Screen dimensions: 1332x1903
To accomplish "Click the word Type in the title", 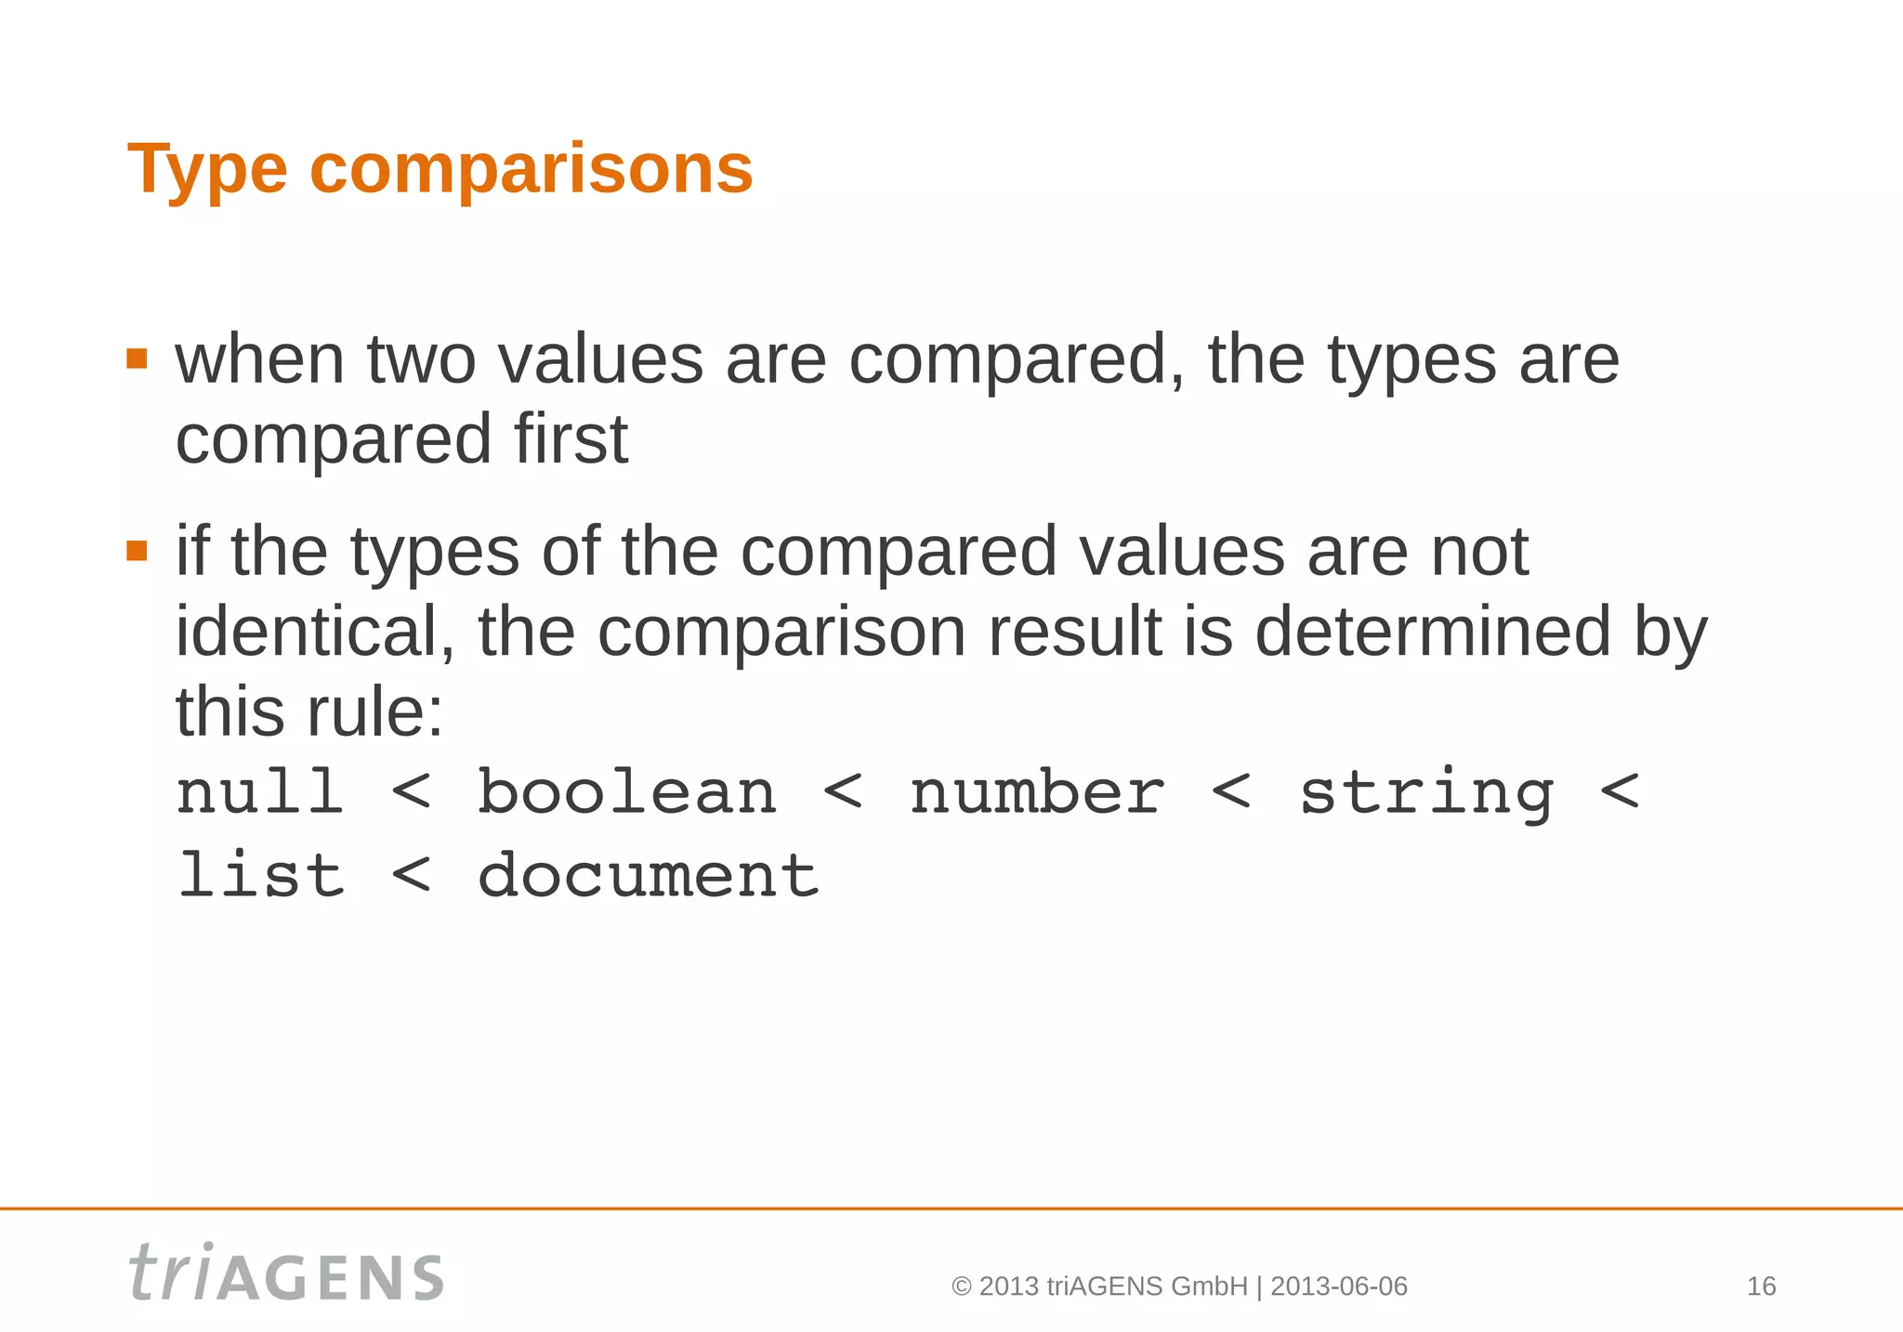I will click(x=207, y=170).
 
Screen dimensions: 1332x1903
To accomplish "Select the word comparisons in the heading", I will click(x=531, y=170).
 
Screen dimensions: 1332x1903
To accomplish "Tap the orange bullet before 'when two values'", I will click(x=137, y=359).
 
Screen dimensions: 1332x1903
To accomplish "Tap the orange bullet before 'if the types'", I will click(x=137, y=551).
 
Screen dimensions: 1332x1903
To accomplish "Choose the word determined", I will click(x=1432, y=632).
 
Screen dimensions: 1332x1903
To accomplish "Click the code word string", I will click(x=1425, y=795).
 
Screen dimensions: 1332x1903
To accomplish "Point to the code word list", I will click(x=260, y=875).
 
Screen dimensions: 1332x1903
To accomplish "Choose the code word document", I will click(x=648, y=875).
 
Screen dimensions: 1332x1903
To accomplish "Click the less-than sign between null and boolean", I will click(x=411, y=792).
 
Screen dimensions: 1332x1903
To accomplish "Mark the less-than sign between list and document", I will click(x=411, y=875).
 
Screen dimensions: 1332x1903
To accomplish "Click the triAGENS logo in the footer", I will click(x=286, y=1273).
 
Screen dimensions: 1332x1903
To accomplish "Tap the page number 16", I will click(x=1761, y=1286).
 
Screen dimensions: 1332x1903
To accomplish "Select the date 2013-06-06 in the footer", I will click(x=1338, y=1286).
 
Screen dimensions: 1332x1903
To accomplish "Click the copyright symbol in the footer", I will click(x=962, y=1286).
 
